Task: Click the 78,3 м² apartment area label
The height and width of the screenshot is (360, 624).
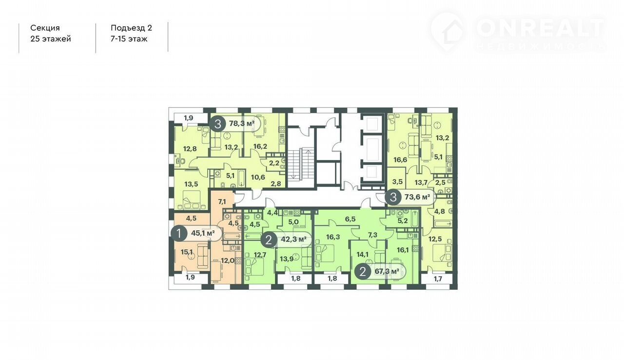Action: pos(242,123)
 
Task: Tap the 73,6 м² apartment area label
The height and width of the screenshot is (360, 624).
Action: pos(417,197)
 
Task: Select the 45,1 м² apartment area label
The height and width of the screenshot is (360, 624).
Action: pos(203,233)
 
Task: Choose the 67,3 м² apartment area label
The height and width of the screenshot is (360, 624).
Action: pos(387,271)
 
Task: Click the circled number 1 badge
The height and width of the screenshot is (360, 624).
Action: pos(179,233)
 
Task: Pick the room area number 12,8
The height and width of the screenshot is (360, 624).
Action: pos(190,149)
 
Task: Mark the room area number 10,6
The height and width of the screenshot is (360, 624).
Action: pos(258,177)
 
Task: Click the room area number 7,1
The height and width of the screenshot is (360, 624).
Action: pos(222,201)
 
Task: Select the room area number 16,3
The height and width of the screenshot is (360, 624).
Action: pos(333,237)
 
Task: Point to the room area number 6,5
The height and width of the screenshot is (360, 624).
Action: pos(350,219)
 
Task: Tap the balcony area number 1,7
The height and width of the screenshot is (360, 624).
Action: pos(438,279)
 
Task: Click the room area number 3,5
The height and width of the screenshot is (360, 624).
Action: pos(397,181)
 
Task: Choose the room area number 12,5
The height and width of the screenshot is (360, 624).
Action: pos(435,240)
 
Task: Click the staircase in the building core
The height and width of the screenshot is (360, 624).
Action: pos(301,164)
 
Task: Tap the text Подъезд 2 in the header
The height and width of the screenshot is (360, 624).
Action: pos(132,28)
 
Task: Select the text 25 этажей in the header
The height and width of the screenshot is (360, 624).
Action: pos(51,39)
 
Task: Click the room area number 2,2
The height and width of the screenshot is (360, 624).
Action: pos(274,163)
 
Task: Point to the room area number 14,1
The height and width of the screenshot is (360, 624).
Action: pos(362,255)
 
